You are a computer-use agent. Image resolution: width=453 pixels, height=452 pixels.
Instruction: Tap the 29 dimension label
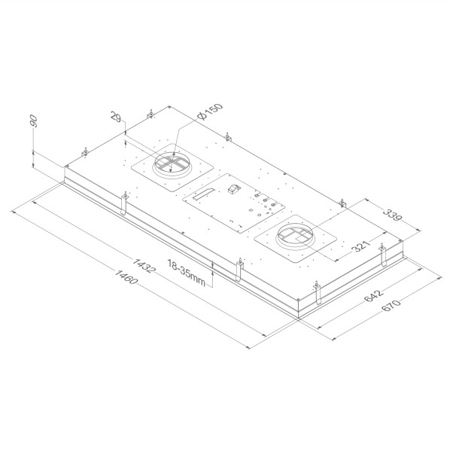(x=116, y=118)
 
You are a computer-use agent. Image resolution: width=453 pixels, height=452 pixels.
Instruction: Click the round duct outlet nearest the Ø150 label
(x=172, y=165)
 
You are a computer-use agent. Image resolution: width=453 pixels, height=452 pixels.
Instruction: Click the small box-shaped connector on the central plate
(x=234, y=189)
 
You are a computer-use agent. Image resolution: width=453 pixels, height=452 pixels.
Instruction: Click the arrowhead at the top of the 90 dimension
(x=35, y=149)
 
